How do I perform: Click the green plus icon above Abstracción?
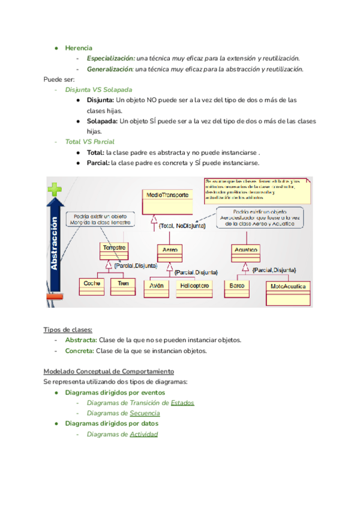tap(55, 190)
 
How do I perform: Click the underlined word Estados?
tap(182, 403)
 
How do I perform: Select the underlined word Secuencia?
tap(145, 413)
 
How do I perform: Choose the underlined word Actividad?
tap(144, 434)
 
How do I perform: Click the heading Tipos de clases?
tap(68, 330)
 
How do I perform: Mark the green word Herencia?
tap(79, 47)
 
